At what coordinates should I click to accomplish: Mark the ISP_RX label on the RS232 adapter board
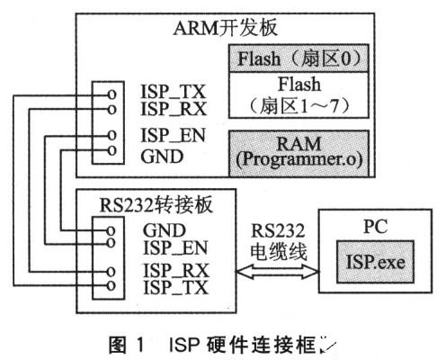[171, 269]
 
